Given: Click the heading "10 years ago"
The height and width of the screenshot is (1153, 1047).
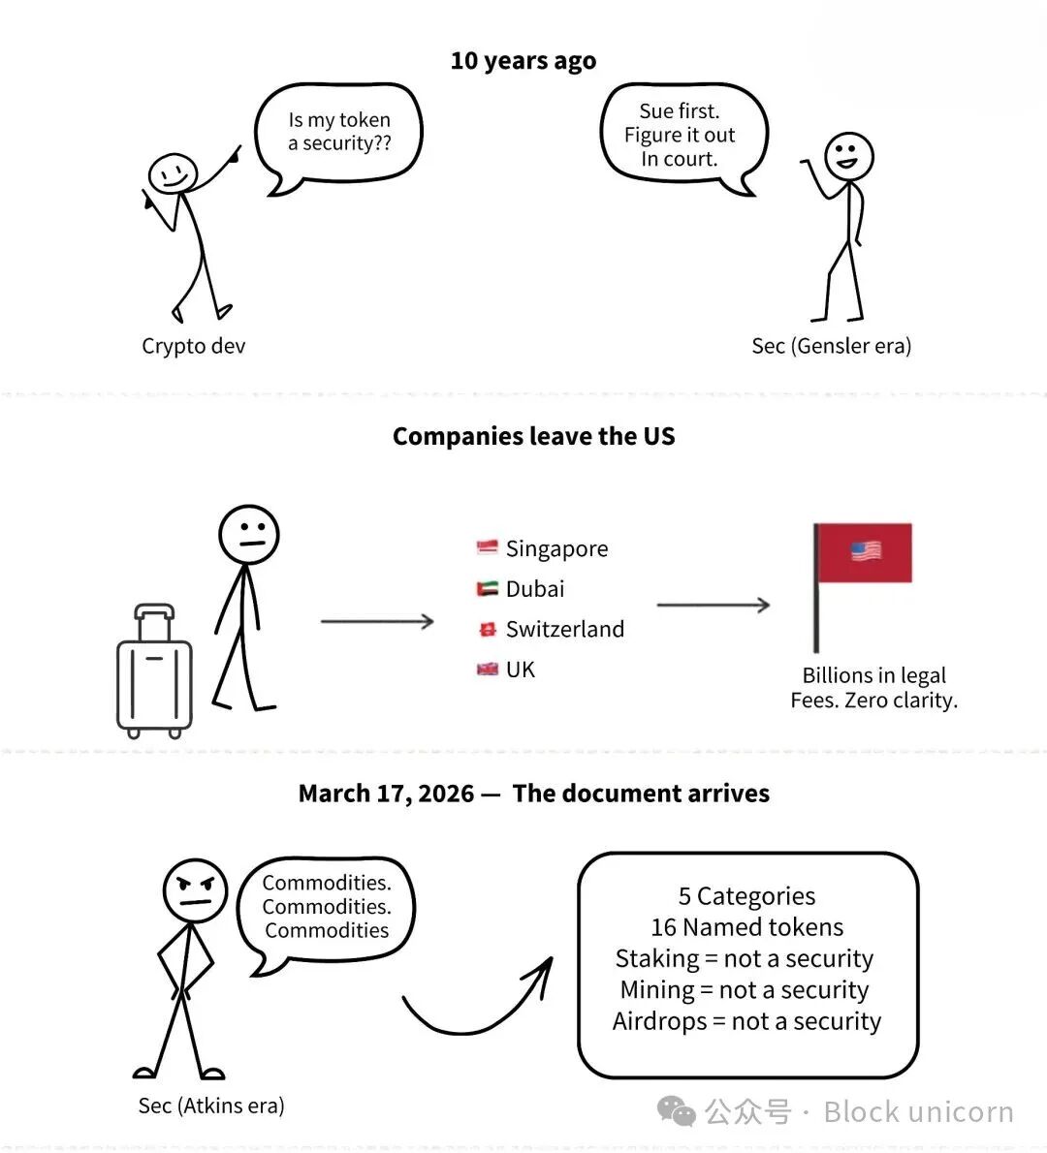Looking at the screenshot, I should [523, 61].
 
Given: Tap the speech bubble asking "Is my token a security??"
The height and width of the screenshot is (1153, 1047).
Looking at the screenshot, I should [338, 132].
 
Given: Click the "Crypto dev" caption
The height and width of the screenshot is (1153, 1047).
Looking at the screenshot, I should [194, 346].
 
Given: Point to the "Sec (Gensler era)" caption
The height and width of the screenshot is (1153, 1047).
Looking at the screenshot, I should [831, 346].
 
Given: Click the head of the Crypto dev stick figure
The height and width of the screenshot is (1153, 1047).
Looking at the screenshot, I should [173, 174].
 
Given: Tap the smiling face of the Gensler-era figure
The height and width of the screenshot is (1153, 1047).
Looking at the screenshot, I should [848, 156].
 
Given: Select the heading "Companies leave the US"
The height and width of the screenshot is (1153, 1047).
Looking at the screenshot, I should [533, 436].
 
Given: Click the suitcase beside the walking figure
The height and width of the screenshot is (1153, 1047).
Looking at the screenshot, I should [154, 670].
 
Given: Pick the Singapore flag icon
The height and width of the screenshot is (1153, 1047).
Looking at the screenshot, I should [487, 548].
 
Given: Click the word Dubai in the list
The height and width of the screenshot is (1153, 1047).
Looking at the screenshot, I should [535, 589].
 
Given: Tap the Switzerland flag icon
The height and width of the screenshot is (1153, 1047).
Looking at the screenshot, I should [488, 630].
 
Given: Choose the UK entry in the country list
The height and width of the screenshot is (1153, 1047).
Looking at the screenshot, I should [521, 670].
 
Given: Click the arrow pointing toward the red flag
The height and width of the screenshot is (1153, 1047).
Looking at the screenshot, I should [713, 605].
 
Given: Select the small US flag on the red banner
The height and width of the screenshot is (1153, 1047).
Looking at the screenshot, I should [866, 551].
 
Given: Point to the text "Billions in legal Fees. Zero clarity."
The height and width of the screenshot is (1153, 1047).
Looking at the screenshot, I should [873, 688].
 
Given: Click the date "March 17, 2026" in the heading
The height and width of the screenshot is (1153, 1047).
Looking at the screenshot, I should [386, 794].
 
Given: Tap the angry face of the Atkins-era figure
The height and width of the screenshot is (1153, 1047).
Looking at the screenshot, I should [195, 890].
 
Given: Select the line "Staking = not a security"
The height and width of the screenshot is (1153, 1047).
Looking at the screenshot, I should [745, 958].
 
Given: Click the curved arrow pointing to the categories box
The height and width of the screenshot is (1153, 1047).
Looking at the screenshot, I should [475, 1008].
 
